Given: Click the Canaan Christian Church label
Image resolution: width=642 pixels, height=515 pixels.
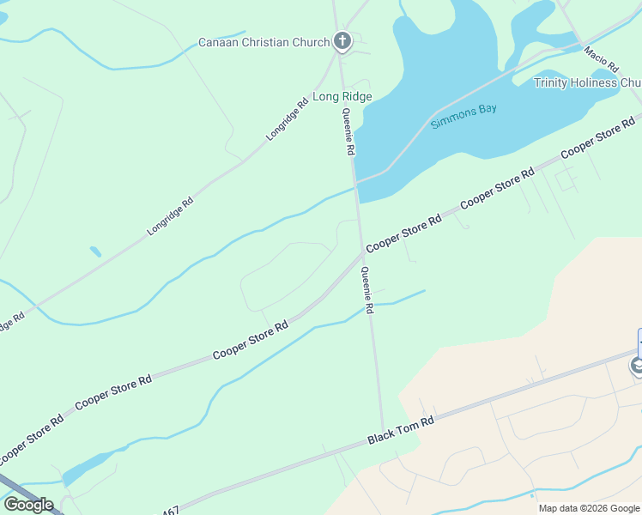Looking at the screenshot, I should coord(263,42).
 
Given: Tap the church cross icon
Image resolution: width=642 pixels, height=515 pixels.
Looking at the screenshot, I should coord(342,41).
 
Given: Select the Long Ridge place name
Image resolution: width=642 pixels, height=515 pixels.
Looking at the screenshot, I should coord(342,97).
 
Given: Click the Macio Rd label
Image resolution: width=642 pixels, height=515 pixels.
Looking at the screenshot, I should coord(602,59).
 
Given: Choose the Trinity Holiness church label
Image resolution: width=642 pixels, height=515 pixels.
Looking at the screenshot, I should coord(587,82).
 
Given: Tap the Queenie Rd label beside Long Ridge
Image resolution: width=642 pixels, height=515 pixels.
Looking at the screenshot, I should coord(348,131).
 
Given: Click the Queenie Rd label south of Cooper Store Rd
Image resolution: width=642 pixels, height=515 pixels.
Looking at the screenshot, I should coord(367,289).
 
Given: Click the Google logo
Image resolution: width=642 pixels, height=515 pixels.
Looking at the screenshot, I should coord(28,505).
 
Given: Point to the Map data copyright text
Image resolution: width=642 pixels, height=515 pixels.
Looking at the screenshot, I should coord(590,508).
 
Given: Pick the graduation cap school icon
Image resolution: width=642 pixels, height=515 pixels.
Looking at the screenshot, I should coord(637,367).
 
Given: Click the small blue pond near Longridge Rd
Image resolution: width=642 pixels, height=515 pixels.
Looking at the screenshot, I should coord(95,251).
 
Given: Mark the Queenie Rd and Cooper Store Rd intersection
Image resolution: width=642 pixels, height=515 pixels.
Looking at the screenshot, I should coord(361,252).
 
